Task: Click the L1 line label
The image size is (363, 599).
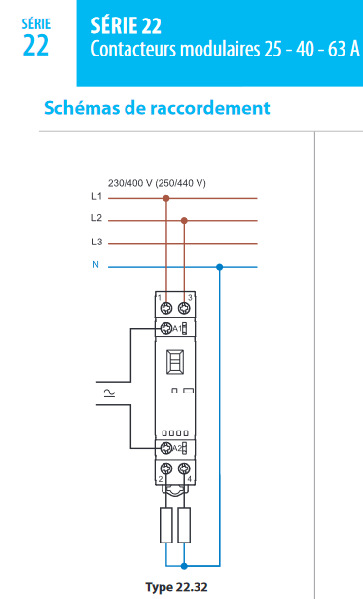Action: point(96,197)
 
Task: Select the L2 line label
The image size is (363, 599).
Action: point(96,218)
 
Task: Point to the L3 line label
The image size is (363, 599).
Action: point(96,242)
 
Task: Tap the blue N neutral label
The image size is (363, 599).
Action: point(95,264)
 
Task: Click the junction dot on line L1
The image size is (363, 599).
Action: point(166,198)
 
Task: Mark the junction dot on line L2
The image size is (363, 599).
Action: point(184,220)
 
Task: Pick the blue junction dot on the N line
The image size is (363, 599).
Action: point(220,267)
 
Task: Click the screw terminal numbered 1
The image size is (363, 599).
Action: point(166,307)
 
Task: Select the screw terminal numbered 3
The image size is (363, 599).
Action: point(184,307)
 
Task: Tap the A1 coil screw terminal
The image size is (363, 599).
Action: point(166,328)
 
